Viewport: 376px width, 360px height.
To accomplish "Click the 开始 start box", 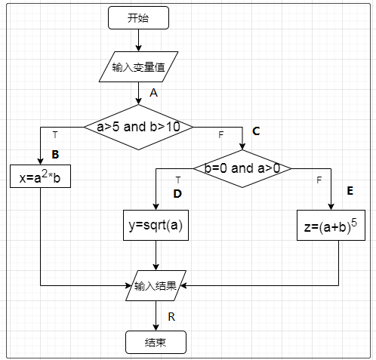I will click(x=138, y=17).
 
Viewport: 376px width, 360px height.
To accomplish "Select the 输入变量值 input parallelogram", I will click(x=138, y=67).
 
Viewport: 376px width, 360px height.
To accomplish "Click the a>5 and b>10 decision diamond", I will click(x=138, y=127).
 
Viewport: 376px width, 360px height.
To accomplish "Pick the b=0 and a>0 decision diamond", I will click(x=242, y=168).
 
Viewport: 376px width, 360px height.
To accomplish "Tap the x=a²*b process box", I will click(x=40, y=179).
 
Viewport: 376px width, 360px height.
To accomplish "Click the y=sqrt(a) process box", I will click(x=155, y=225).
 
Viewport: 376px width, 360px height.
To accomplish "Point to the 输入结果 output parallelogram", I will click(x=155, y=286).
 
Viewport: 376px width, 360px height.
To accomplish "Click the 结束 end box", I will click(x=155, y=343).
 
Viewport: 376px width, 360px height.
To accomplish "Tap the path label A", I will click(x=153, y=93).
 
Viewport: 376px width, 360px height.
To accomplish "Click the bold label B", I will click(x=55, y=155).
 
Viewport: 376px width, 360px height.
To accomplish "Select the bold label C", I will click(x=256, y=131).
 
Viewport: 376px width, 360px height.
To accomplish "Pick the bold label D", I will click(x=177, y=193).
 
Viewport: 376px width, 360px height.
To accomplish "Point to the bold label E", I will click(x=350, y=191).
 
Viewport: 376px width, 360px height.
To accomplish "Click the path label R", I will click(x=171, y=316).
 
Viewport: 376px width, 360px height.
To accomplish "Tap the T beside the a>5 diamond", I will click(x=54, y=134).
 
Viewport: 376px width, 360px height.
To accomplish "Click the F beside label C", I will click(x=220, y=134).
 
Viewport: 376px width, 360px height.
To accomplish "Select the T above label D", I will click(x=177, y=180).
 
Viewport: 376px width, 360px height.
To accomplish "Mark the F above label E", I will click(x=319, y=180).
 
